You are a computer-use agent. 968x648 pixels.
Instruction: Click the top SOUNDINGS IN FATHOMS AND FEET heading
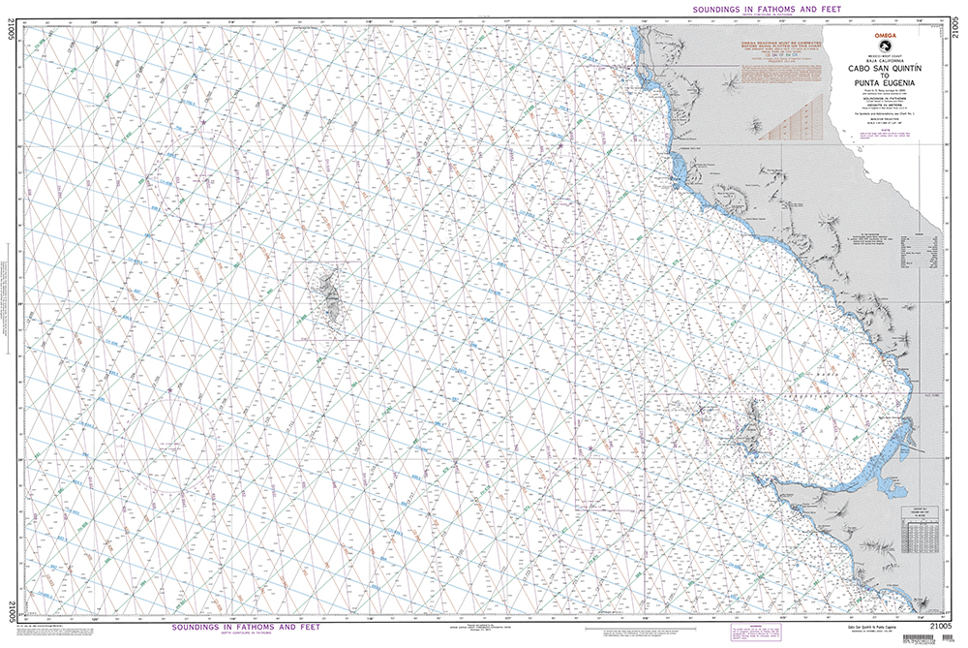[764, 8]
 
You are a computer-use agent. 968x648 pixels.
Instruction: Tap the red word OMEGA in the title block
[886, 35]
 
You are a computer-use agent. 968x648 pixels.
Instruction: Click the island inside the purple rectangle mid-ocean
[328, 300]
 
